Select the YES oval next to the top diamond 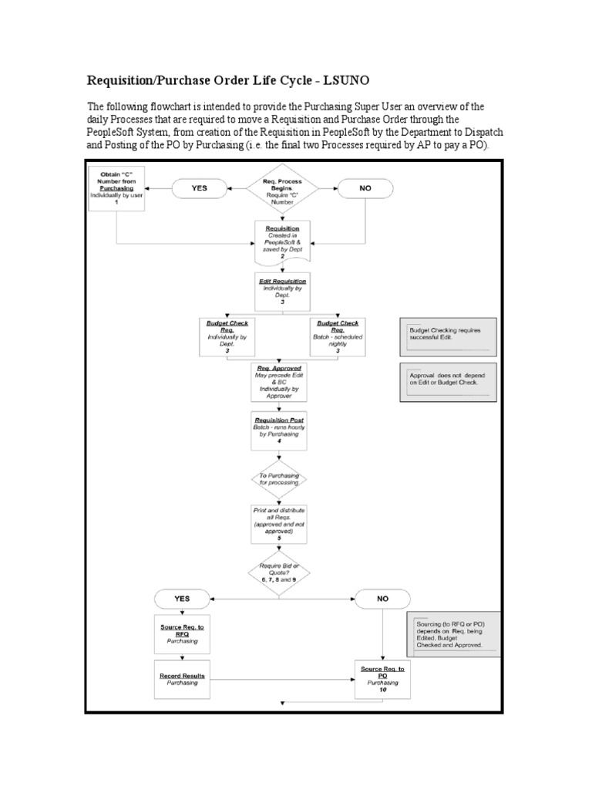(x=199, y=187)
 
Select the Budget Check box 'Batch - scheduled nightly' (x=339, y=336)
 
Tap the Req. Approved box (x=281, y=382)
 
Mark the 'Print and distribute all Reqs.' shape (x=279, y=525)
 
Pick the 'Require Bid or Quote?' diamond (x=279, y=572)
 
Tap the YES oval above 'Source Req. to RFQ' (x=182, y=598)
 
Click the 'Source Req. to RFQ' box (x=182, y=635)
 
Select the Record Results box (x=182, y=679)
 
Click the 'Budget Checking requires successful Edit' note (x=448, y=338)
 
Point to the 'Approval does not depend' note (x=448, y=382)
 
